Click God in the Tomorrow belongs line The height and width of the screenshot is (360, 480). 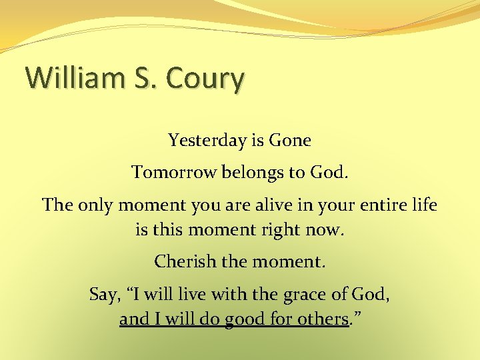pos(329,173)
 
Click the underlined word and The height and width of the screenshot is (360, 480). pos(134,319)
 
